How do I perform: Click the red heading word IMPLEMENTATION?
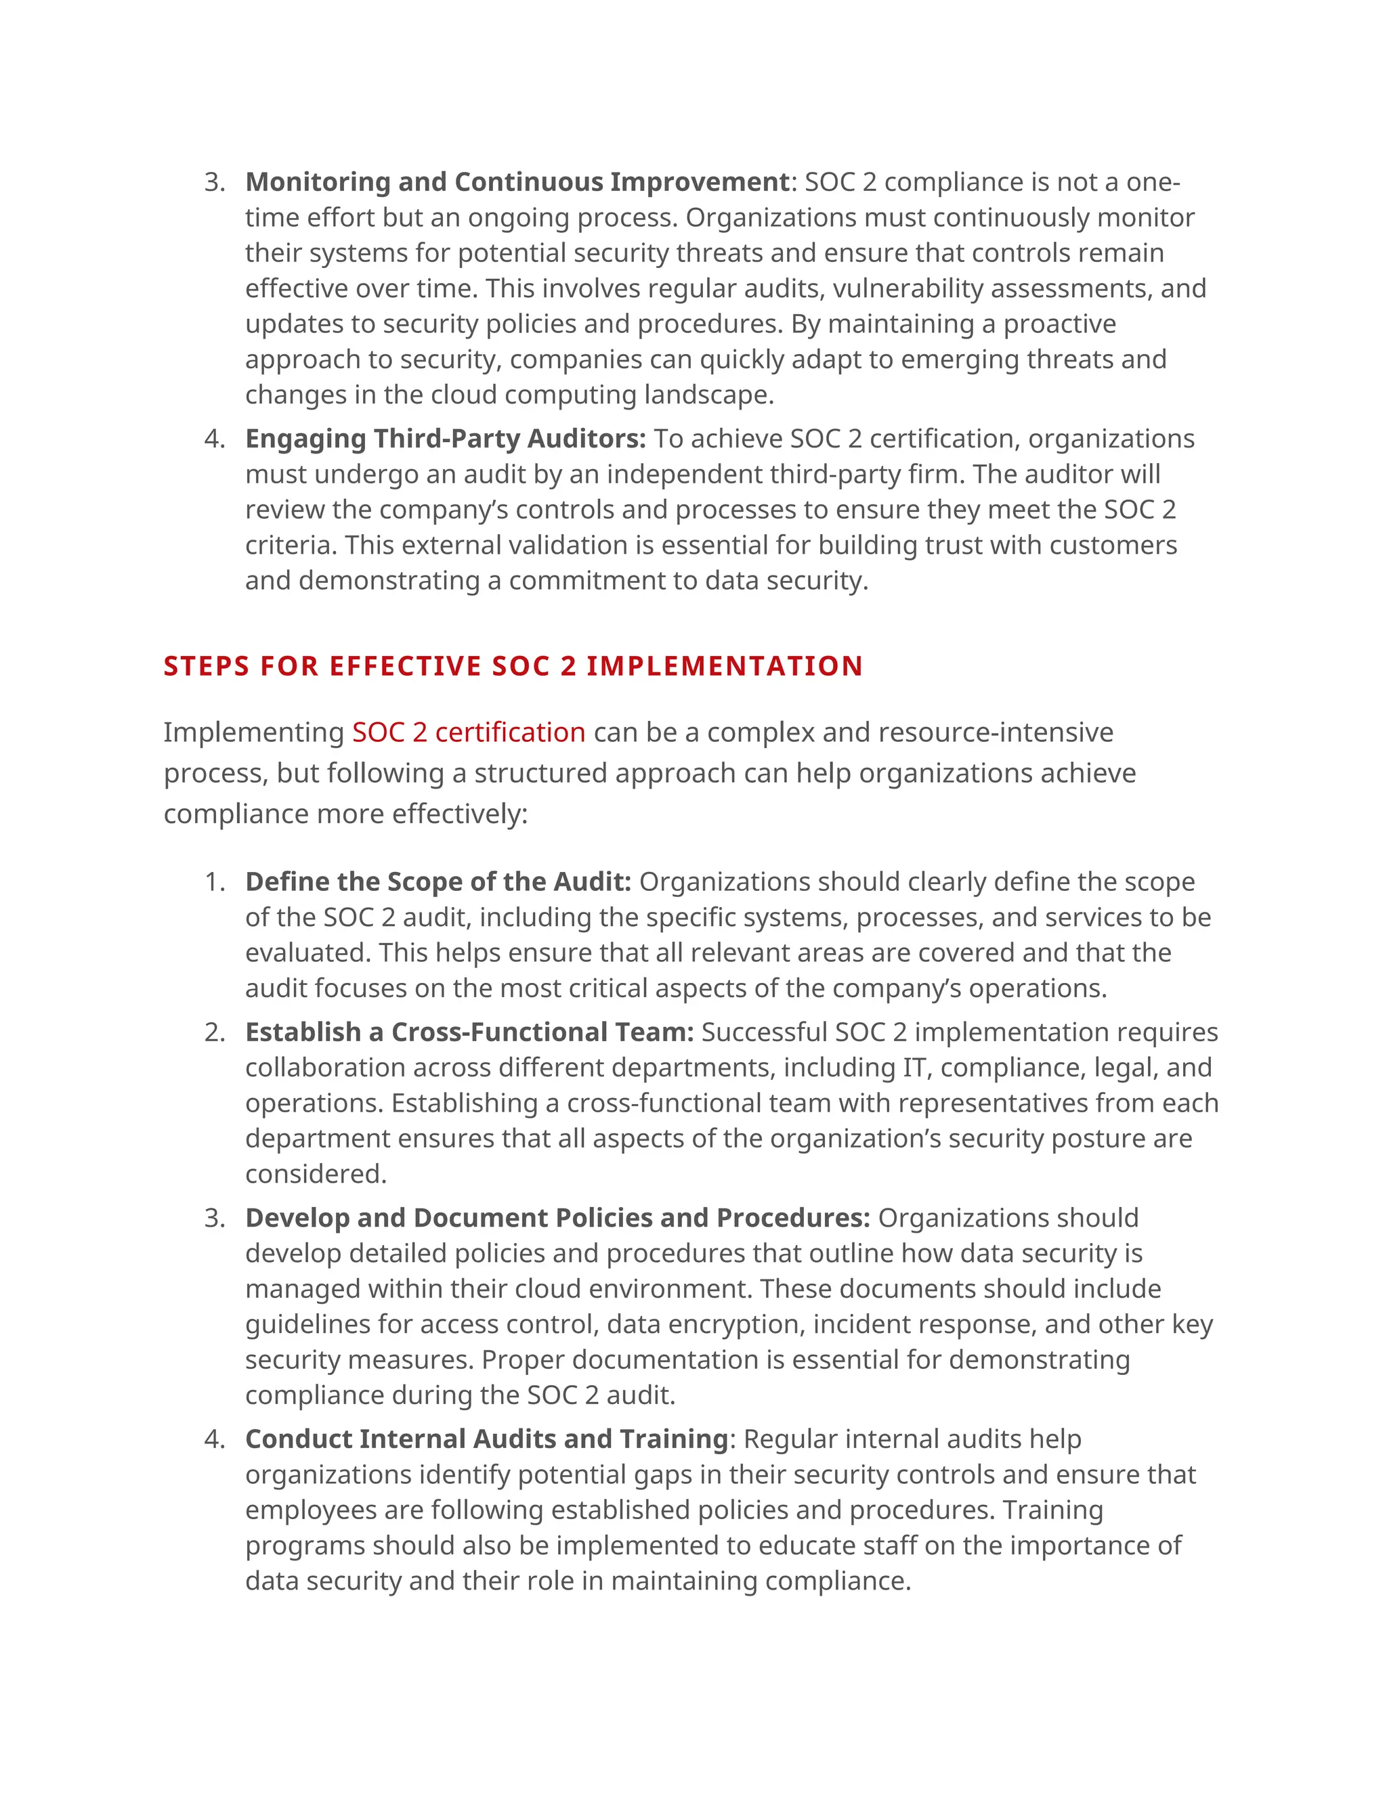[724, 665]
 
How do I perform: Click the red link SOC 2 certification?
[469, 732]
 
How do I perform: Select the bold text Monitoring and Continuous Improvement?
[517, 181]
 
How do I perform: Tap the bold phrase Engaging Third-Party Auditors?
[446, 439]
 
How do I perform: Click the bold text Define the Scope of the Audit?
[438, 881]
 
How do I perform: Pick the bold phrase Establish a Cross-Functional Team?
[469, 1032]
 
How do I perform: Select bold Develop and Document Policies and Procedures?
[557, 1217]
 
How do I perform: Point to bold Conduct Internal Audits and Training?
[486, 1439]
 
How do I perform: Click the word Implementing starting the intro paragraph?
[253, 732]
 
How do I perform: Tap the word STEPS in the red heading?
[205, 665]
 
